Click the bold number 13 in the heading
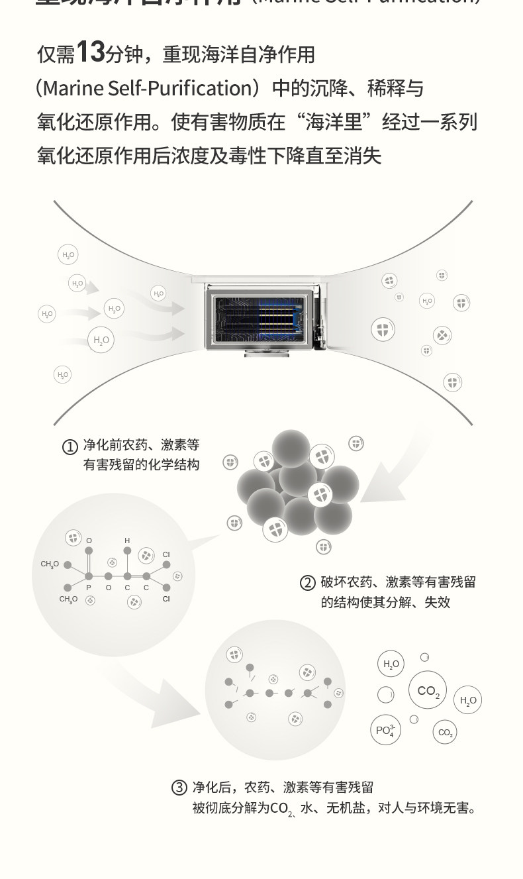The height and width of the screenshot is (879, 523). tap(91, 52)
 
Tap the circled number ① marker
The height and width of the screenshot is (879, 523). tap(70, 447)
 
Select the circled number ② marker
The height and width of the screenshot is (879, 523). tap(307, 583)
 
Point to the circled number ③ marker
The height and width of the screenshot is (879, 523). tap(179, 788)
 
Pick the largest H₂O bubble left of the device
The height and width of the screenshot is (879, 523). tap(101, 340)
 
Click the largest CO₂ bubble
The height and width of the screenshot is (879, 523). tap(428, 691)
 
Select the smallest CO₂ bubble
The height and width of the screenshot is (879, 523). tap(445, 733)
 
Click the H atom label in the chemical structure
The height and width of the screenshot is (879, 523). tap(128, 541)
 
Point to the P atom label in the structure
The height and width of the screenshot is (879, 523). tap(89, 588)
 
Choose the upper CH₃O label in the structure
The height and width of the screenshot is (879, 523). tap(50, 564)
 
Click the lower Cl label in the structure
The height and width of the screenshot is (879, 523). tap(166, 599)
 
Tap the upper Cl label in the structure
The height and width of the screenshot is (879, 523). tap(166, 554)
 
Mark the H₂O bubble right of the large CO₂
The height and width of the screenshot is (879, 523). tap(468, 700)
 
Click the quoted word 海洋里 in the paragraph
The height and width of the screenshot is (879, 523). tap(340, 122)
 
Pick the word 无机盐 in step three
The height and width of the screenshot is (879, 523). tap(348, 808)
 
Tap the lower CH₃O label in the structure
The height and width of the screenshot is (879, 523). tap(68, 599)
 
